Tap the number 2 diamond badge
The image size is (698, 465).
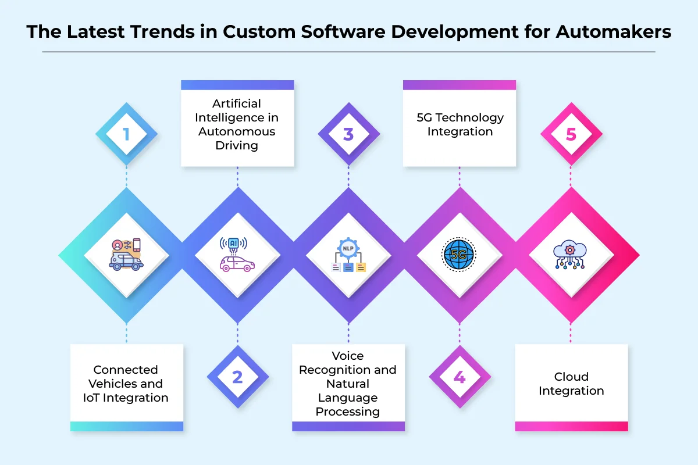[237, 377]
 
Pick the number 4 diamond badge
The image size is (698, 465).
[460, 377]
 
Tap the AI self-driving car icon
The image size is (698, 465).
[237, 255]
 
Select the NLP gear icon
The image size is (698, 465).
[348, 255]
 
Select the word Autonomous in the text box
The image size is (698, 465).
[237, 131]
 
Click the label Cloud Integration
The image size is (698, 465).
[571, 384]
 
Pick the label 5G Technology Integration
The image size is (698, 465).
[460, 124]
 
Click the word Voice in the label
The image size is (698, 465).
[348, 356]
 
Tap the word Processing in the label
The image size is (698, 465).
[348, 412]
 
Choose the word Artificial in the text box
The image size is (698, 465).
[237, 103]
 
